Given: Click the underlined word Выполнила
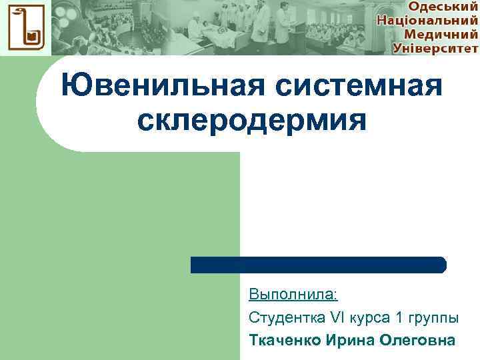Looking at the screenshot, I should click(293, 294).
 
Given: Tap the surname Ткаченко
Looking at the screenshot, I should click(285, 341).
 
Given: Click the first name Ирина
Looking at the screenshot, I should click(350, 341).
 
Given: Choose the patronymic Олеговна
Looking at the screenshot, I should click(417, 341).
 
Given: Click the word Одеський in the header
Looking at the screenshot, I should click(442, 7).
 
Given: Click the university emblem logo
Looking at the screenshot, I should click(24, 28).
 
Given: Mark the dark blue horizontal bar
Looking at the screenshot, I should click(318, 265).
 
